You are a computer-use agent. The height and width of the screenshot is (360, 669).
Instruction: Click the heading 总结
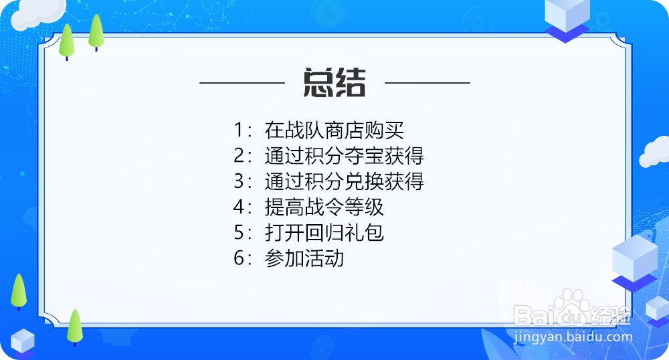point(334,83)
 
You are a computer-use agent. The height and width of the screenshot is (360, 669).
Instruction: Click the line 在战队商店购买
point(334,130)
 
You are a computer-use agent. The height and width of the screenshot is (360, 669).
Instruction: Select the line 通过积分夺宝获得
point(344,156)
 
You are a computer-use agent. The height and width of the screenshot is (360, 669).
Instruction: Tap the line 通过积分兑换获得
point(344,181)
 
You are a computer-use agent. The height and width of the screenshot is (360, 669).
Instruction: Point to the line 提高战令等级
point(324,207)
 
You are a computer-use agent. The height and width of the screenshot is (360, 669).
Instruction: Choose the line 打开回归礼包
point(324,233)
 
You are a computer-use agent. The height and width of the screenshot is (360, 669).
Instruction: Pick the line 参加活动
point(304,258)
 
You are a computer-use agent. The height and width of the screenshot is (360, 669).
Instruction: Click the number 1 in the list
point(240,130)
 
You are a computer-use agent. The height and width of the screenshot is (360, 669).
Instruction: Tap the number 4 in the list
point(240,207)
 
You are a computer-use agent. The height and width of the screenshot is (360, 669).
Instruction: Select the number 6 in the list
point(240,259)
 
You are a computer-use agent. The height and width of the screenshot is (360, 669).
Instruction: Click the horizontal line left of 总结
point(242,83)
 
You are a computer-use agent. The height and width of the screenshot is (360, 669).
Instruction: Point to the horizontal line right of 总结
point(427,83)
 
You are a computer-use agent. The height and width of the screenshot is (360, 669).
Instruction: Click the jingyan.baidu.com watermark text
point(573,337)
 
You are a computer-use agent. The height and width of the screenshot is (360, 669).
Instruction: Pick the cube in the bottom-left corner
point(22,341)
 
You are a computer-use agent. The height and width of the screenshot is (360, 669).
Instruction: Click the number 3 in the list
point(240,182)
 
